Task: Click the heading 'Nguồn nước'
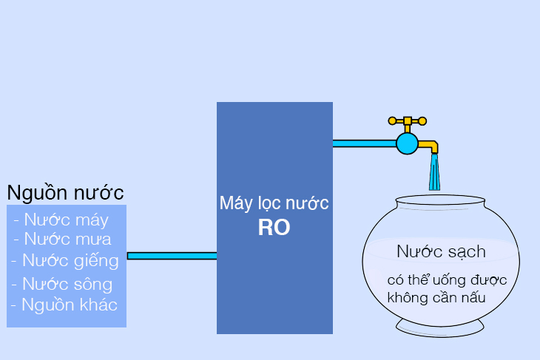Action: (65, 193)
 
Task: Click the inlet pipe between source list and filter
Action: (172, 256)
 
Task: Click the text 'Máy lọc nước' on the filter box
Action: (274, 203)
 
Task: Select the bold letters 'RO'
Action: (274, 228)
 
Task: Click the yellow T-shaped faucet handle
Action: (407, 120)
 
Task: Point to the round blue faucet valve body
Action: (407, 143)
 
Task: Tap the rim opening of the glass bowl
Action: (440, 200)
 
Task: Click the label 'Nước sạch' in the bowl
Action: (441, 251)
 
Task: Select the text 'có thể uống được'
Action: (446, 280)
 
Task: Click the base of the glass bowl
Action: (440, 326)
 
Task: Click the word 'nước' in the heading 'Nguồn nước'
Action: (98, 193)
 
